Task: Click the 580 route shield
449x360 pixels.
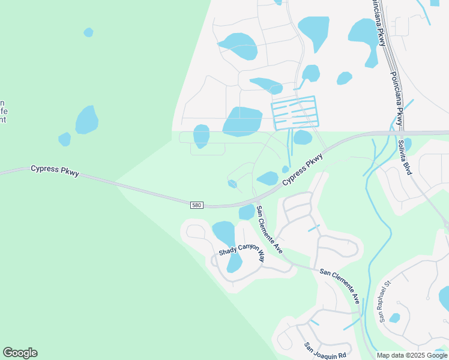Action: coord(197,205)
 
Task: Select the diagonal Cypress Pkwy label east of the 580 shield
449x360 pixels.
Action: coord(302,168)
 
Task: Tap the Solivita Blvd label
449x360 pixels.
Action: coord(405,157)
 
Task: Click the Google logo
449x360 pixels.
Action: coord(20,353)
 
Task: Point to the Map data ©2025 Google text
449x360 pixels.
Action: coord(412,355)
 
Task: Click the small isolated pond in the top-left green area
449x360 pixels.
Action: coord(88,32)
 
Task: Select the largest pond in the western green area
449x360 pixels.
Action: coord(86,120)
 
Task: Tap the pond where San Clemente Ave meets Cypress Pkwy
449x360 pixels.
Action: coord(247,212)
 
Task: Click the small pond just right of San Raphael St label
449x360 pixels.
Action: coord(394,318)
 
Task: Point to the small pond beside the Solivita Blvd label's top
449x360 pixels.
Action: coord(408,143)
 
